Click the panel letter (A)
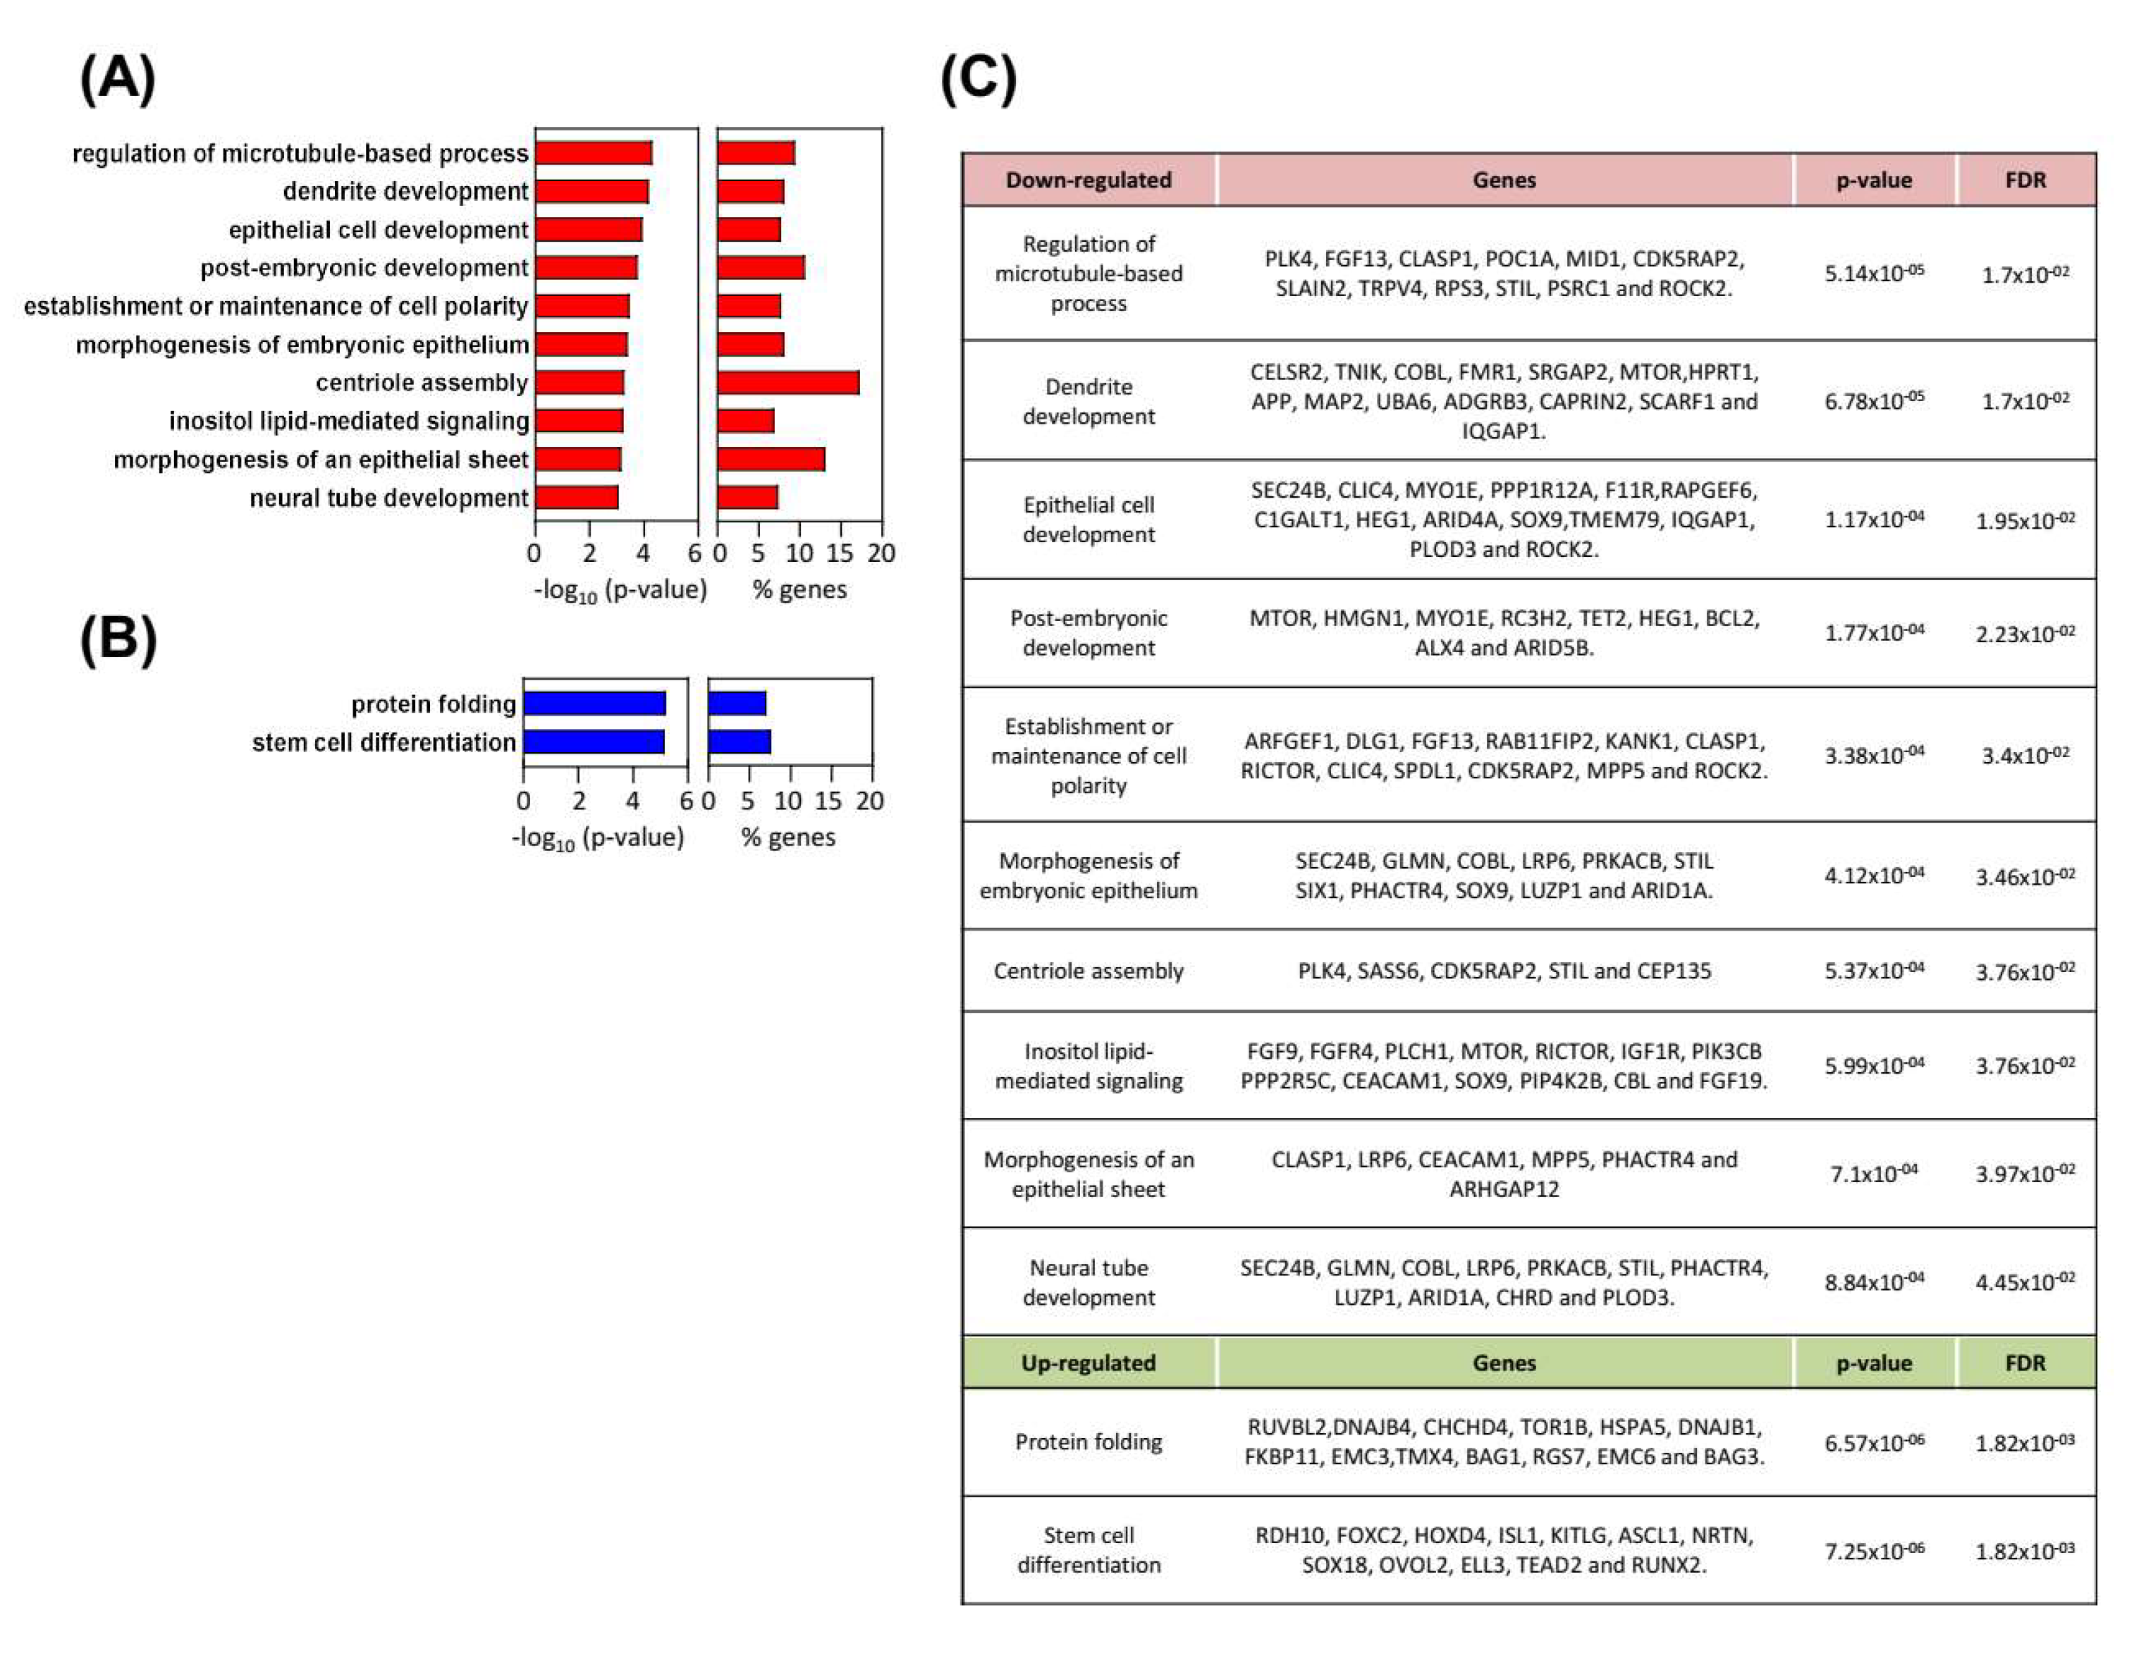coord(118,78)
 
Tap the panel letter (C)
coord(979,78)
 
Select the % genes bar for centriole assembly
coord(788,383)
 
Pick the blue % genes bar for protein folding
coord(737,704)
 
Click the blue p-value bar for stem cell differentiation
coord(594,742)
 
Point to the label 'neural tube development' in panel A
coord(389,498)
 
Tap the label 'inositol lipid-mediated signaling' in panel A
coord(349,422)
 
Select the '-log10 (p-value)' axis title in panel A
coord(620,589)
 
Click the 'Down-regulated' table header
coord(1089,180)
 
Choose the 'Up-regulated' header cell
coord(1089,1363)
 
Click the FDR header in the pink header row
coord(2025,180)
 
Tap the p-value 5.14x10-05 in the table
coord(1874,273)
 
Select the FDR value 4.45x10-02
coord(2025,1282)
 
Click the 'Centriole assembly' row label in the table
coord(1089,971)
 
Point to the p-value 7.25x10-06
coord(1874,1551)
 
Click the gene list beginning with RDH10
coord(1504,1550)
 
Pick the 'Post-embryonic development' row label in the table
coord(1089,632)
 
